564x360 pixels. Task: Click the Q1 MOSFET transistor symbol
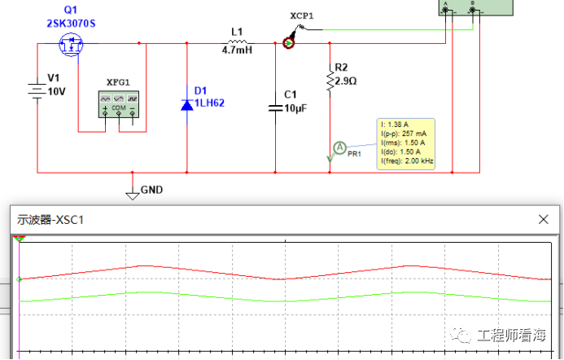[x=71, y=44]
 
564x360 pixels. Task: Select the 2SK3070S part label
[x=71, y=24]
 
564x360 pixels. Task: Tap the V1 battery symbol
[x=37, y=90]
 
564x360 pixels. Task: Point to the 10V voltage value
[x=56, y=92]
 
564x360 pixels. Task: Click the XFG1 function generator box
[x=119, y=104]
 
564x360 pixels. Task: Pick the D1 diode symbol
[x=186, y=105]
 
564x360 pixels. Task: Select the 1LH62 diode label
[x=209, y=103]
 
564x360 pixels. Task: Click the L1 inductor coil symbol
[x=238, y=42]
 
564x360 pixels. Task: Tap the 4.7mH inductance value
[x=237, y=50]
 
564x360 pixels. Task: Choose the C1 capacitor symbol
[x=276, y=108]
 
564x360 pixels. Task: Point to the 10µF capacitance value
[x=295, y=108]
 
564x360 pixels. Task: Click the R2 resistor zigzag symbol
[x=330, y=81]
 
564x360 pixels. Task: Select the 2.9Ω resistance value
[x=346, y=81]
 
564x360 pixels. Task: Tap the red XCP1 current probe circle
[x=288, y=43]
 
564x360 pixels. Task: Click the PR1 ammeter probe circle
[x=339, y=147]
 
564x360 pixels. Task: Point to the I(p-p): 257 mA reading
[x=404, y=134]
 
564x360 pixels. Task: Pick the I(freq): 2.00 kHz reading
[x=407, y=161]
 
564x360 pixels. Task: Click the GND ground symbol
[x=133, y=195]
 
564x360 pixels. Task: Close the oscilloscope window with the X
[x=543, y=219]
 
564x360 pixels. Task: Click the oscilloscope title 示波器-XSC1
[x=50, y=220]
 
